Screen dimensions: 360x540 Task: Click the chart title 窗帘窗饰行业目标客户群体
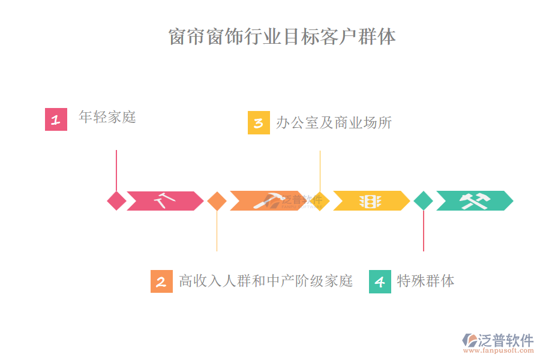pos(282,37)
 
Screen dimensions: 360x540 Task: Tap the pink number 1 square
pos(56,119)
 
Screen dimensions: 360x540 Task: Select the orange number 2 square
pos(161,281)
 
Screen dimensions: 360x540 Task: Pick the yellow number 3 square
pos(259,123)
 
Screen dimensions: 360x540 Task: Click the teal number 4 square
pos(380,281)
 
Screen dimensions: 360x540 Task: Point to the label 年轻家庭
pos(107,117)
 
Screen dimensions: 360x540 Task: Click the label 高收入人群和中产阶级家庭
pos(266,281)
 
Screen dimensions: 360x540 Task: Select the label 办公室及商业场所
pos(334,123)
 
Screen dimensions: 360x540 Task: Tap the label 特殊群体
pos(425,281)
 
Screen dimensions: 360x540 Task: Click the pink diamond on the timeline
pos(116,201)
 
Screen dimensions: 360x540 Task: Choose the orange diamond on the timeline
pos(217,201)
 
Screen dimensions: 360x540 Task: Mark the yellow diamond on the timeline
pos(320,201)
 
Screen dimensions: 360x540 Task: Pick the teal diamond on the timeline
pos(423,201)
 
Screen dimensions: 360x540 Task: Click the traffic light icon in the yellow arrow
pos(370,201)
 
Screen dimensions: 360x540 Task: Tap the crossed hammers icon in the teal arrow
pos(475,201)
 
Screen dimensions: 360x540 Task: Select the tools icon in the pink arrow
pos(164,200)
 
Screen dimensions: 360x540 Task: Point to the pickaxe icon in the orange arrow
pos(268,200)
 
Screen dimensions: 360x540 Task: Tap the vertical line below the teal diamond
pos(424,231)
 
